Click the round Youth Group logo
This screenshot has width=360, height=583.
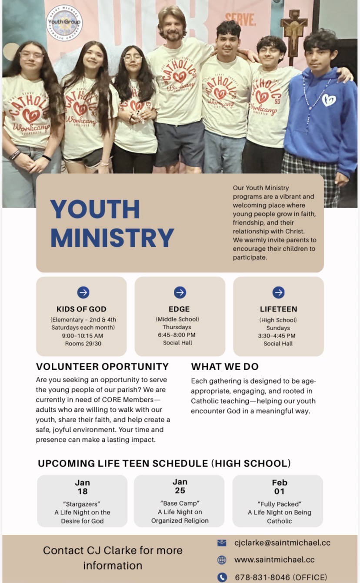(64, 22)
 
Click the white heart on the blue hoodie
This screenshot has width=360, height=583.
(329, 100)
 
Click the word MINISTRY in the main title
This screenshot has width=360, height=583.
(112, 237)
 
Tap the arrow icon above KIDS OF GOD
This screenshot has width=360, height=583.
(83, 292)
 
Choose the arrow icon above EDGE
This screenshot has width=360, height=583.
(180, 292)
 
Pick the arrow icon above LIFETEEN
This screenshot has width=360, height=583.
(278, 292)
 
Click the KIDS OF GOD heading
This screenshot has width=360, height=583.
(81, 309)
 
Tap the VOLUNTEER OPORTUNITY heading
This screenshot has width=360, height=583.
(102, 366)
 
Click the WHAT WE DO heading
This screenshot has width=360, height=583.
(225, 366)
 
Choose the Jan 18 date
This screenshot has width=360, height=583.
(82, 487)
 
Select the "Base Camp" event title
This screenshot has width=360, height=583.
(180, 503)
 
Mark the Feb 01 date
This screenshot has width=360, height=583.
(279, 487)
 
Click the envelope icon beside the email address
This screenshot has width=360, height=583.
(222, 543)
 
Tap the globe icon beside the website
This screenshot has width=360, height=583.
(222, 560)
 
